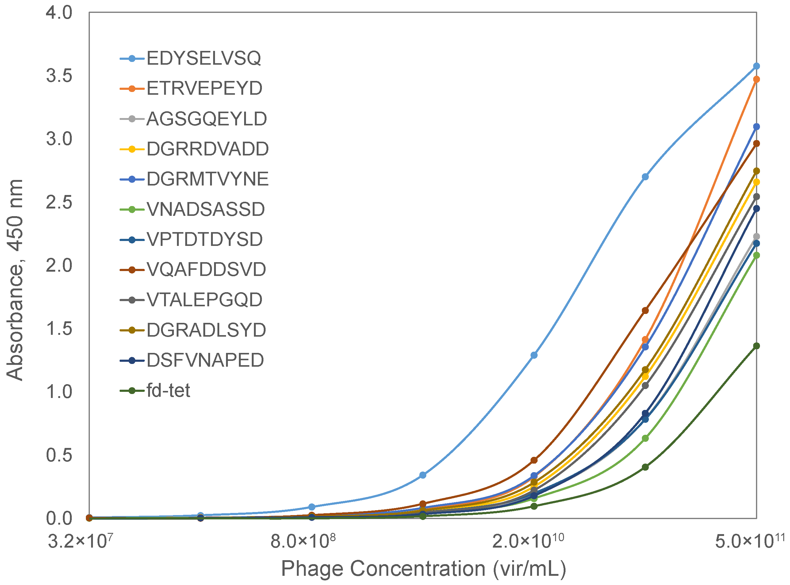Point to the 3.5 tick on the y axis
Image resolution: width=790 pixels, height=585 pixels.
tap(59, 75)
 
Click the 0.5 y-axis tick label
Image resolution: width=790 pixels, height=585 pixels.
tap(59, 455)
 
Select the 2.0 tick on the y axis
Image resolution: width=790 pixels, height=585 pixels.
tap(59, 265)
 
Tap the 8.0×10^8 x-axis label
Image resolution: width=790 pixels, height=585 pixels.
tap(303, 541)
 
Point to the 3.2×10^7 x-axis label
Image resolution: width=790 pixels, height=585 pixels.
tap(80, 541)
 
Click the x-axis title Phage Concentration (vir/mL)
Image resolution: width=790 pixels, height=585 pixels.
tap(423, 569)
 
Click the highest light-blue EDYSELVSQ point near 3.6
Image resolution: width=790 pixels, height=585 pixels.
tap(756, 66)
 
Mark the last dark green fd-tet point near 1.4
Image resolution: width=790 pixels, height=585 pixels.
tap(756, 346)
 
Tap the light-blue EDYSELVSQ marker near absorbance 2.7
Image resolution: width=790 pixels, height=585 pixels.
tap(645, 177)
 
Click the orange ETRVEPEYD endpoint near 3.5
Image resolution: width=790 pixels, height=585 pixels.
tap(756, 79)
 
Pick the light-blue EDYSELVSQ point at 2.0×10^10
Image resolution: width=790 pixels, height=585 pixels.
tap(534, 355)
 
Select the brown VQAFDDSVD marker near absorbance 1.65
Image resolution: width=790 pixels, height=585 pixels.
tap(645, 311)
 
